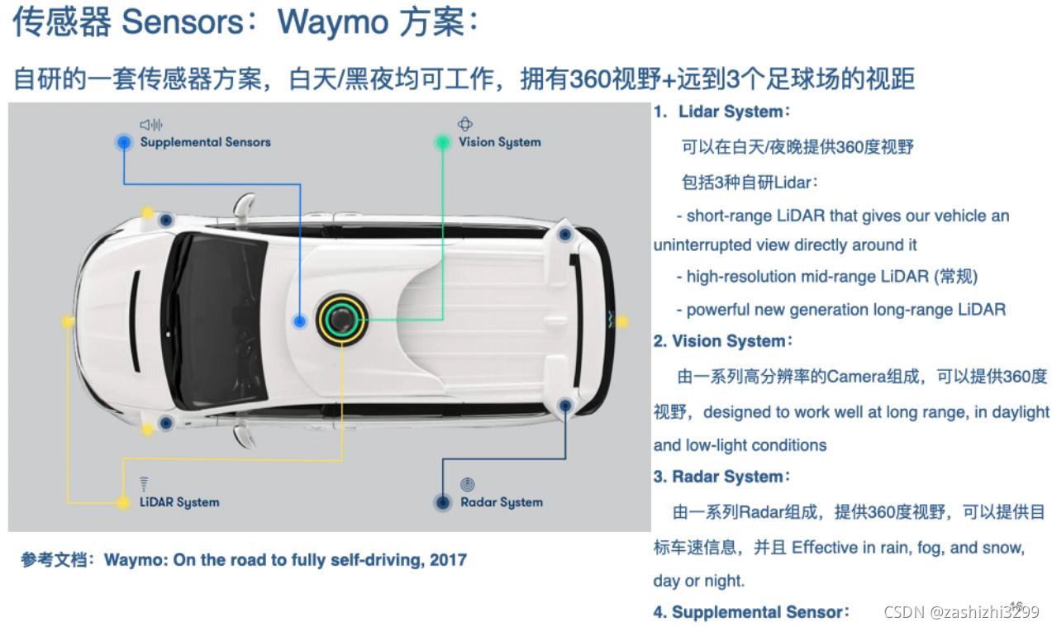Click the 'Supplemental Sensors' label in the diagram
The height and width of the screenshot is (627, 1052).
205,142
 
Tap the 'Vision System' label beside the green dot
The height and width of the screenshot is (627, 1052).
500,142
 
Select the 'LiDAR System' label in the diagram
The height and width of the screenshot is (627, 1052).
179,502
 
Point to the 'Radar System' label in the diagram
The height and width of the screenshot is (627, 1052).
502,502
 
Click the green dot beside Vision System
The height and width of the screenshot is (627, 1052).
443,142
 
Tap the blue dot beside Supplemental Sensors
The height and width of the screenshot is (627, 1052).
124,142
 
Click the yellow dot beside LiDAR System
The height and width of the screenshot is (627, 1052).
123,502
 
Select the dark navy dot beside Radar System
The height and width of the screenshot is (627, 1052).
443,502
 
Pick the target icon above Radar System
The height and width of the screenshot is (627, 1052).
467,484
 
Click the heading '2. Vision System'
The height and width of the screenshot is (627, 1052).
723,341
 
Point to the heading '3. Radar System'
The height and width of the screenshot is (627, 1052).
722,477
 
